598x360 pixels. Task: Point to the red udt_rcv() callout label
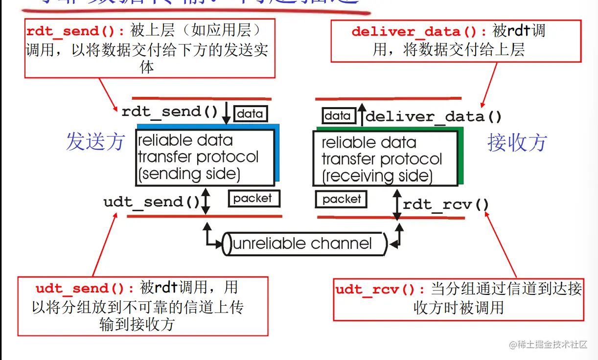[382, 290]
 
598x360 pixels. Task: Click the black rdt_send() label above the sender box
[170, 112]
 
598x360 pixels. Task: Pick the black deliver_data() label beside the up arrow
[434, 117]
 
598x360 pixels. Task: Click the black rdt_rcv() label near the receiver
[446, 204]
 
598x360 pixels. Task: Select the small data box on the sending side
[250, 114]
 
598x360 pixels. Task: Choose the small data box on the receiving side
[338, 116]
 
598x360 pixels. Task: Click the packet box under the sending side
[253, 199]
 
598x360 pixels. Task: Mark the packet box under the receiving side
[342, 199]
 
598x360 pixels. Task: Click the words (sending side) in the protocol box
[189, 174]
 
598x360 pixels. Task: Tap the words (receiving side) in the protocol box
[377, 176]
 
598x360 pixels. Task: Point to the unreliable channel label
[302, 244]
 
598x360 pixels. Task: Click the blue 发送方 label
[95, 142]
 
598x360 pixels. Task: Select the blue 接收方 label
[517, 143]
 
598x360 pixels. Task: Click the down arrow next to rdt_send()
[226, 113]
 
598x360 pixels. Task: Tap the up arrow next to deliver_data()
[361, 114]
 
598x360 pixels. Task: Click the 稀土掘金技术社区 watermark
[549, 345]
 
